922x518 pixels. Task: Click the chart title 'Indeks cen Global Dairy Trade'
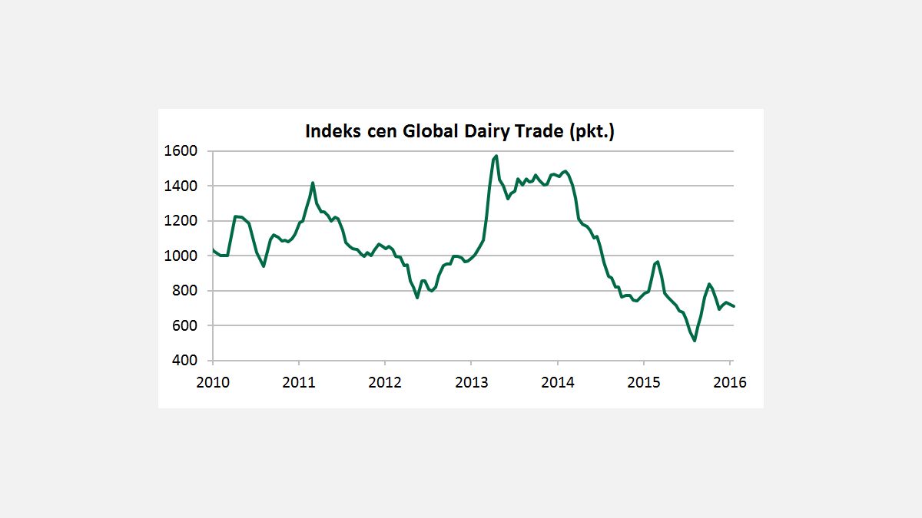[x=460, y=131]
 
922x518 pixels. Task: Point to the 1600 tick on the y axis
[x=181, y=151]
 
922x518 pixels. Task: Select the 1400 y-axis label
[x=181, y=186]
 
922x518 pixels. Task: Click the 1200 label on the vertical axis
[x=181, y=221]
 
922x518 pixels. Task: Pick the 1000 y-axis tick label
[x=181, y=256]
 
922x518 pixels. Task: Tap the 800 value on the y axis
[x=184, y=291]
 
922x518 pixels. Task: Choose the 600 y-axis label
[x=184, y=325]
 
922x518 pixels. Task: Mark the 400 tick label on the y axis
[x=184, y=361]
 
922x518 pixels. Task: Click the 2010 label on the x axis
[x=213, y=381]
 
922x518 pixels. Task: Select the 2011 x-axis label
[x=299, y=381]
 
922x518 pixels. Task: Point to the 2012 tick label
[x=385, y=381]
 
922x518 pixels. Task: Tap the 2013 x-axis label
[x=471, y=381]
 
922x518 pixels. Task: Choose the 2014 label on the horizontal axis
[x=557, y=381]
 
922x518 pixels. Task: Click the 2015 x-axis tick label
[x=643, y=381]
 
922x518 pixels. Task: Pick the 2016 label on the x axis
[x=729, y=381]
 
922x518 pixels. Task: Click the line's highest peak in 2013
[x=496, y=156]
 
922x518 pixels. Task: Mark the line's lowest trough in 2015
[x=695, y=341]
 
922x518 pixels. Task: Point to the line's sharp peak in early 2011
[x=313, y=183]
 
